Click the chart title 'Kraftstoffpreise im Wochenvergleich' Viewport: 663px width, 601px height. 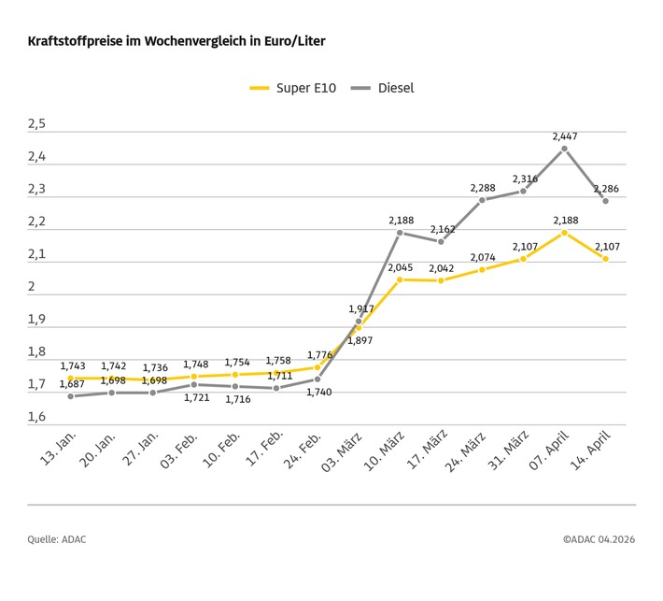click(176, 42)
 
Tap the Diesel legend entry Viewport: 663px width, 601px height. click(382, 88)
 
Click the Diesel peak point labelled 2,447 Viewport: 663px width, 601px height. click(564, 149)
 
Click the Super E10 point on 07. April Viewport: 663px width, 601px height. click(564, 232)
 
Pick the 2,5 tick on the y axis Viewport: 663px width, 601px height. click(36, 124)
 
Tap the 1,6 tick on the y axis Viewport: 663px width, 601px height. click(36, 417)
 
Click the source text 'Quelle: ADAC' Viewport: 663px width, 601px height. click(57, 539)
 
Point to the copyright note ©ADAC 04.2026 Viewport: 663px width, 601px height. click(599, 539)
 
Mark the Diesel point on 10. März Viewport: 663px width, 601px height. click(400, 233)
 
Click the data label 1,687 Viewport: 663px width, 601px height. click(74, 384)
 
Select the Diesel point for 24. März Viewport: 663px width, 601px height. click(482, 200)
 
